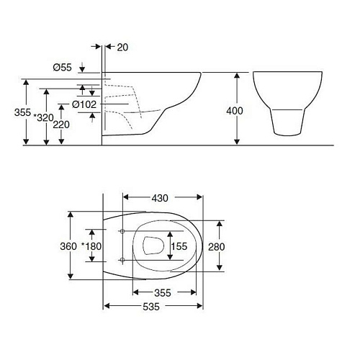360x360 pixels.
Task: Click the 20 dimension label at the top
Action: click(122, 48)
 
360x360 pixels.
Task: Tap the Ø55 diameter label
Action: click(63, 68)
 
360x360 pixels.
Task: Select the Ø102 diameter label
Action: click(84, 104)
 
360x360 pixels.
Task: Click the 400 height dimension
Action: click(235, 111)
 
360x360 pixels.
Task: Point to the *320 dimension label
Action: click(43, 117)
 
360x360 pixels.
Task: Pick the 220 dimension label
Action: click(61, 125)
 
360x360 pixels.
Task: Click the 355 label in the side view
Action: click(22, 112)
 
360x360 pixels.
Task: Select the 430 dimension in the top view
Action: click(160, 198)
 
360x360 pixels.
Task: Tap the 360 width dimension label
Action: click(68, 246)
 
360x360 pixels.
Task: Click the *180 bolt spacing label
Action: click(91, 246)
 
